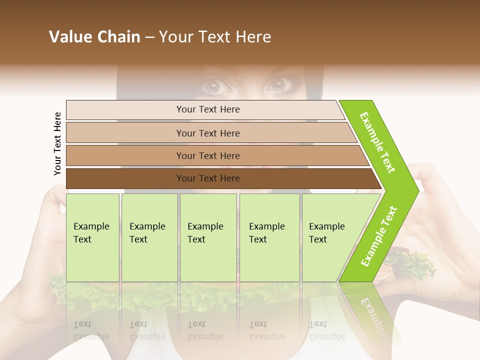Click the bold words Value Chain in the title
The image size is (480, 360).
(94, 37)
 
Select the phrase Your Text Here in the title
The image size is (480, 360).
(215, 37)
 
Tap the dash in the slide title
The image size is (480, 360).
(149, 37)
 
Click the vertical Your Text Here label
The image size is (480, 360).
(58, 143)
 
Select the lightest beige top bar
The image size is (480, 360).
(205, 109)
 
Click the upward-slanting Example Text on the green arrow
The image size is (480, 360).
(379, 236)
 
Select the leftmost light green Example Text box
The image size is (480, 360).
(92, 237)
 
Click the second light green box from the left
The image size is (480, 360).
(149, 237)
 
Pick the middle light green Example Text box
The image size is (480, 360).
(208, 237)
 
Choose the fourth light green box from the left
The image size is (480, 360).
(269, 237)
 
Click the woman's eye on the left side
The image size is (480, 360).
(216, 86)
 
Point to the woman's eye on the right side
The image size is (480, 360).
(278, 85)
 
